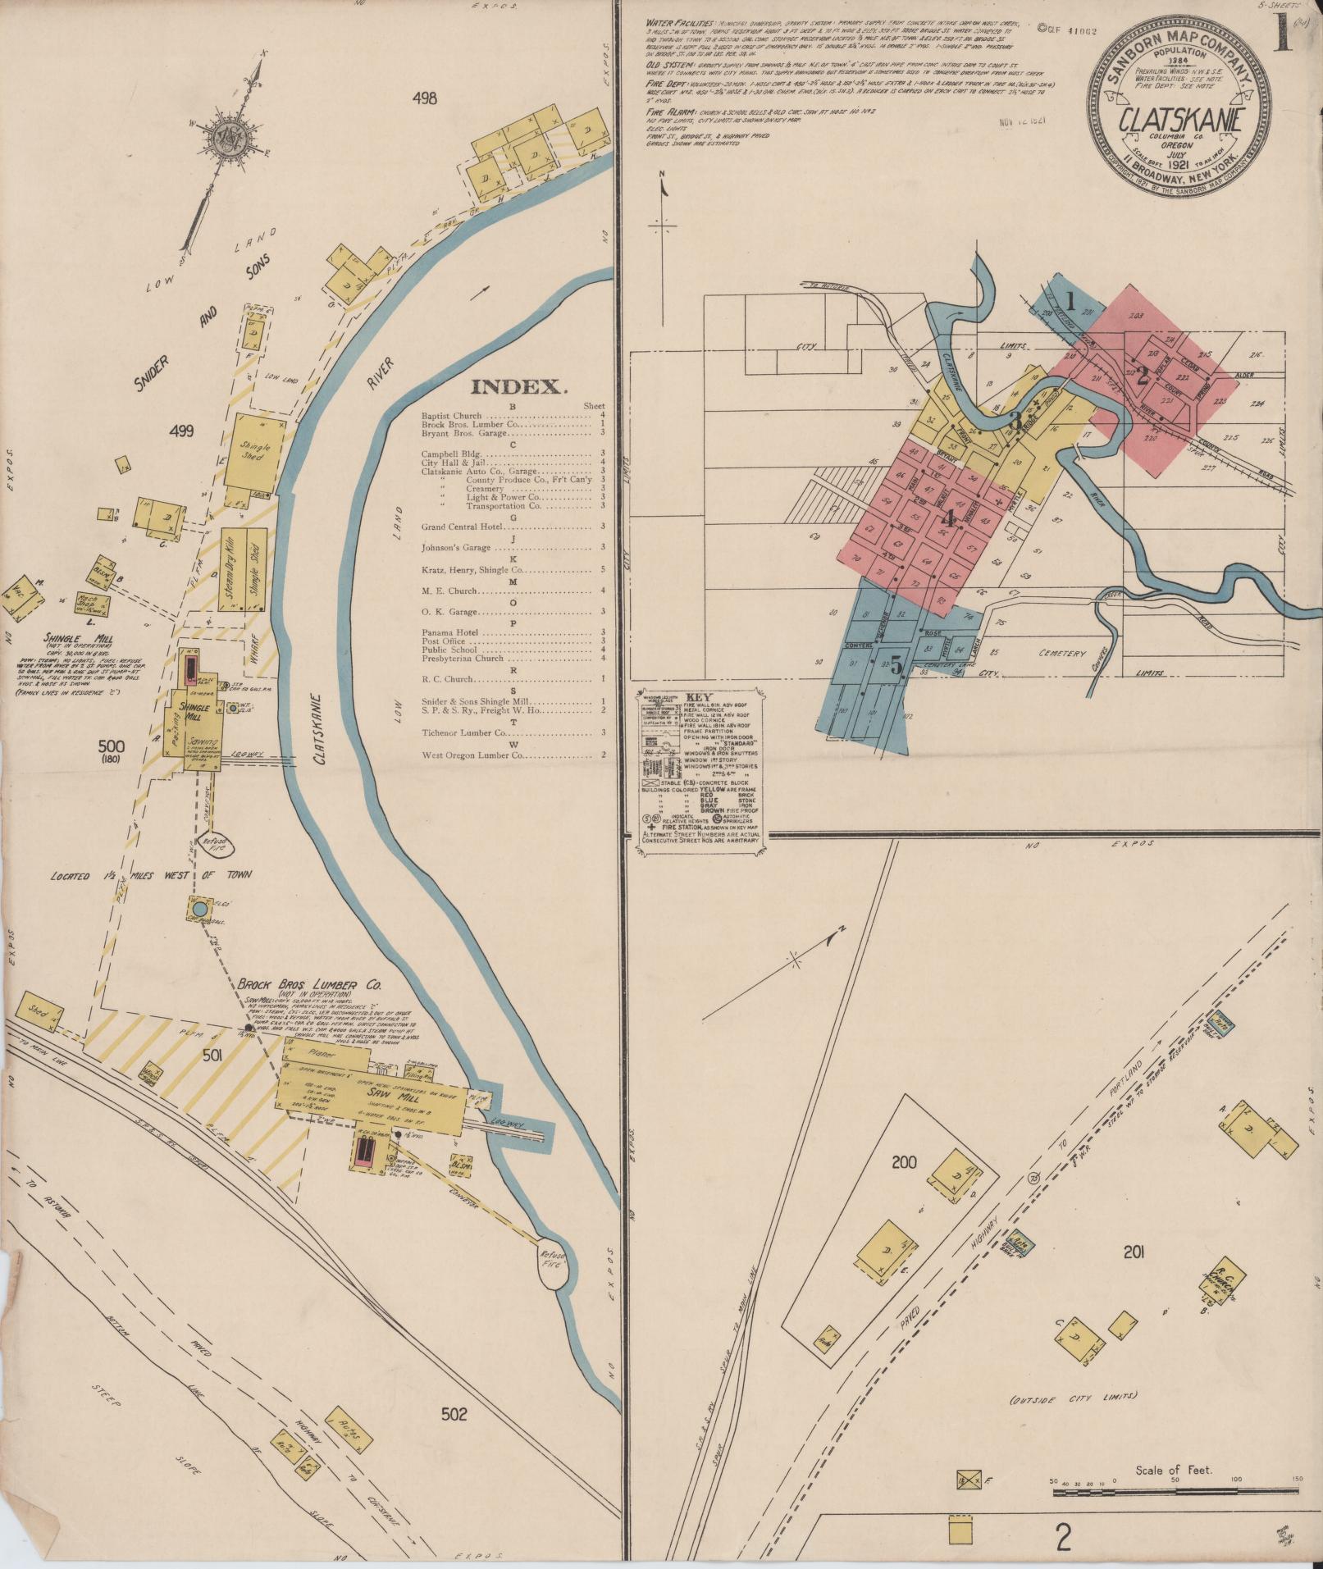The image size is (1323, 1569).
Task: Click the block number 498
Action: point(426,99)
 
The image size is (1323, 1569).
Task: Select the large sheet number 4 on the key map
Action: point(948,519)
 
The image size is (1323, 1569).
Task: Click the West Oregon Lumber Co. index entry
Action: point(472,755)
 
